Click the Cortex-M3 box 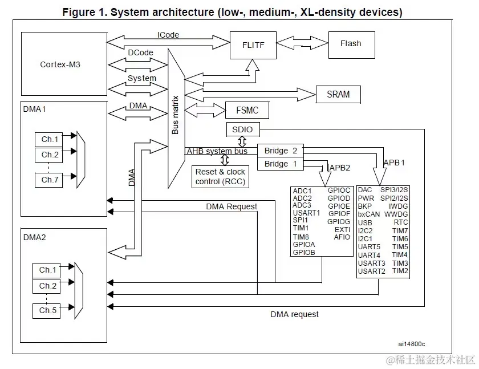[x=60, y=64]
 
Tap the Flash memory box [x=350, y=44]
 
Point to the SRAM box [x=338, y=94]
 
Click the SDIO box [x=242, y=129]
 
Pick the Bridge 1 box [x=277, y=164]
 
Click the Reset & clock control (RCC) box [x=220, y=176]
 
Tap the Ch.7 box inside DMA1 [x=50, y=180]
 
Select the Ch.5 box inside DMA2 [x=48, y=311]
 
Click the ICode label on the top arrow [x=168, y=35]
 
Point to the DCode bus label [x=140, y=52]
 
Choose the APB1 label [x=394, y=162]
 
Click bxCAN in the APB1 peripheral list [x=369, y=214]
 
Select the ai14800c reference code [x=412, y=344]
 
